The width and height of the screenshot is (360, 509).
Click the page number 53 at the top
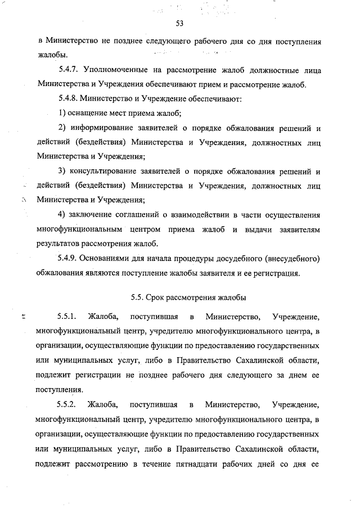(x=179, y=23)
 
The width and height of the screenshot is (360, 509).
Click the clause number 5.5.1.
(x=69, y=317)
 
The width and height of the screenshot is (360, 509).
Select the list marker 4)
(x=62, y=215)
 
